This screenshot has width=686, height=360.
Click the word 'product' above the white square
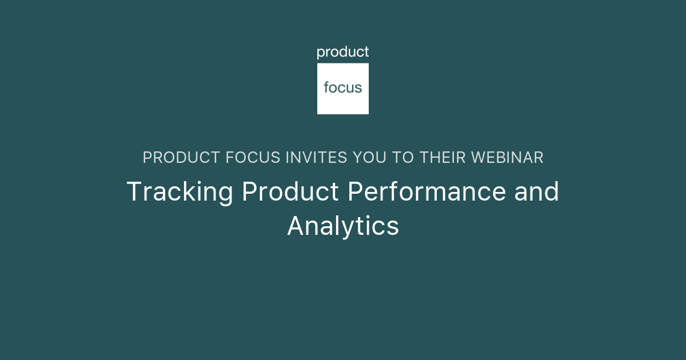343,53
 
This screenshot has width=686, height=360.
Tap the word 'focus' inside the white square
343,88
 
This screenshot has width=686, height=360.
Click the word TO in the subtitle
404,158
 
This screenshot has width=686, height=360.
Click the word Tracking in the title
180,192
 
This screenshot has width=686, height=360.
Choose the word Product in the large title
290,192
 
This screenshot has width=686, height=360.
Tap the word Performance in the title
427,192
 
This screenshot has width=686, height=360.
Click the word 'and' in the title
536,192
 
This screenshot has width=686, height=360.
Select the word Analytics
343,226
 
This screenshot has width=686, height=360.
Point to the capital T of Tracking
133,192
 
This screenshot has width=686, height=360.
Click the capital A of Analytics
296,226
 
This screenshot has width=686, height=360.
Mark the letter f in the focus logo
326,87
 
